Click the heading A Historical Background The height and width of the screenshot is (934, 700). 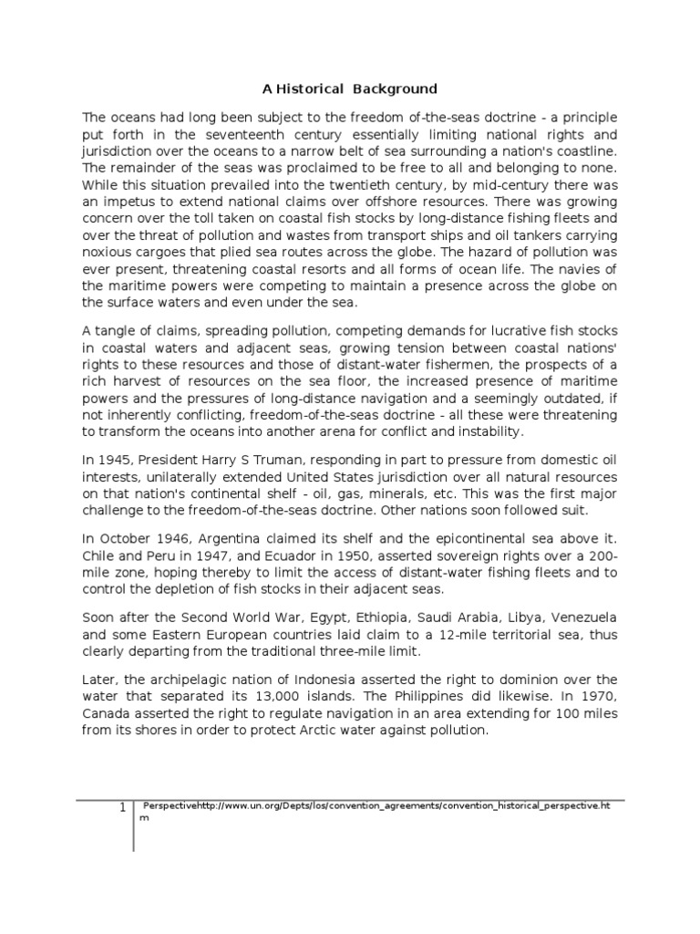(350, 88)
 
